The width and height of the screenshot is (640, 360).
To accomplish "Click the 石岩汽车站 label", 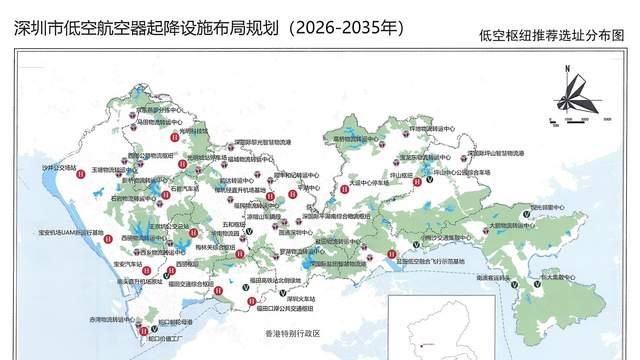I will [x=184, y=187].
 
